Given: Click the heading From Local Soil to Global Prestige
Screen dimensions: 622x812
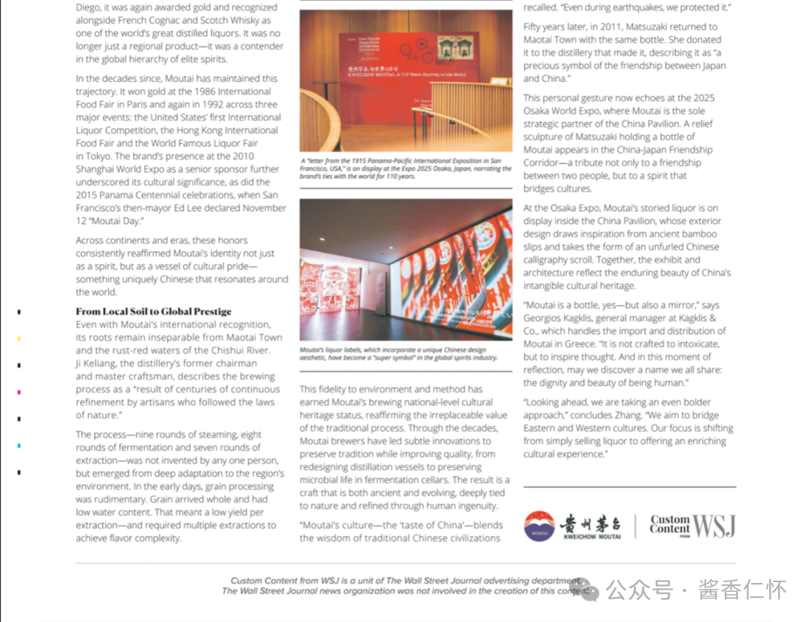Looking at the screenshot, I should [x=153, y=311].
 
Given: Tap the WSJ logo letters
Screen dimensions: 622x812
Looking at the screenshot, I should [x=714, y=526].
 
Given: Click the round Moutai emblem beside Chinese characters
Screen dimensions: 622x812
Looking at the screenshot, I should [x=539, y=526].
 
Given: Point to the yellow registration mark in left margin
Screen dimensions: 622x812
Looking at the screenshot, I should [x=20, y=338].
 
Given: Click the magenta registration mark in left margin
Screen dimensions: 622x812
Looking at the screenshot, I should [x=20, y=392].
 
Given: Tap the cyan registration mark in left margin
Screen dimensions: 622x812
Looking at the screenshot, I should [x=20, y=446].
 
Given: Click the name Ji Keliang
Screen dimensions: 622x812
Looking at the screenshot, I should [x=102, y=363].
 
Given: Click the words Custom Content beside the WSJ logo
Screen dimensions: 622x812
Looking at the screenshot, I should [x=669, y=524].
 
